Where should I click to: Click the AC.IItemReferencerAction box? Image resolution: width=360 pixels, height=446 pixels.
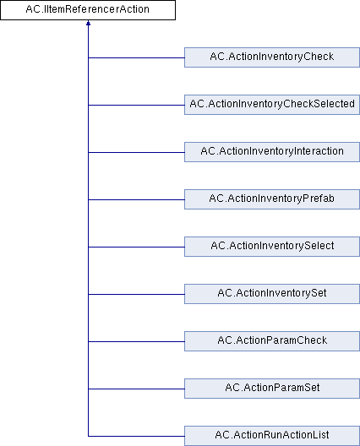click(88, 10)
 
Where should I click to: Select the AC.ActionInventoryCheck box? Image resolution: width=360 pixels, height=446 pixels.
click(272, 57)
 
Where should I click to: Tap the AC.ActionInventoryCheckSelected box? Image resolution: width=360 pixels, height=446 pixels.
click(272, 105)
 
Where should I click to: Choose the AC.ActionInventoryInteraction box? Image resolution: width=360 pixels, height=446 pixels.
click(272, 152)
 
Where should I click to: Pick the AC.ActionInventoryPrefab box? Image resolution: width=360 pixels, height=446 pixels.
click(272, 199)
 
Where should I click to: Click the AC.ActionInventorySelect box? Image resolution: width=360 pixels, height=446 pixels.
click(272, 247)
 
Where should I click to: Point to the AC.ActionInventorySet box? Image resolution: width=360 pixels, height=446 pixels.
click(272, 294)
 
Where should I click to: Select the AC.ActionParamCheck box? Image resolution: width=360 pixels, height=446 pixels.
click(272, 341)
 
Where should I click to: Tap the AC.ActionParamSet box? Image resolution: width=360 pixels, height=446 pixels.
click(272, 389)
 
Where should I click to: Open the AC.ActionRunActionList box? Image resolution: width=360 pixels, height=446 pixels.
click(272, 436)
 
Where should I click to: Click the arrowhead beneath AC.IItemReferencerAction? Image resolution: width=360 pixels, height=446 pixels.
click(88, 23)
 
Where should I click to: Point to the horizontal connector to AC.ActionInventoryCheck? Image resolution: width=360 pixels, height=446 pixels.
click(136, 57)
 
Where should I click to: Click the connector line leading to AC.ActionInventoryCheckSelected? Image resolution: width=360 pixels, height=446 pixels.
click(136, 105)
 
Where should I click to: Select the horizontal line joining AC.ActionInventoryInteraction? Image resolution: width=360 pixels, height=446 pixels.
click(136, 152)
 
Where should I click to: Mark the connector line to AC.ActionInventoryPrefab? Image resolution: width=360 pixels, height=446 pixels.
click(136, 199)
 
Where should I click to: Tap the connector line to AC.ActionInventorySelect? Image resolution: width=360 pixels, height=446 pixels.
click(136, 247)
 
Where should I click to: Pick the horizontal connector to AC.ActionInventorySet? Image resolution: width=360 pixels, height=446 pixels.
click(136, 294)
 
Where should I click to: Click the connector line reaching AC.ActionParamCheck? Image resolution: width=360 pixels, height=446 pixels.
click(136, 341)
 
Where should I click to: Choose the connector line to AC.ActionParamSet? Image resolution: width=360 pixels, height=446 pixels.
click(136, 389)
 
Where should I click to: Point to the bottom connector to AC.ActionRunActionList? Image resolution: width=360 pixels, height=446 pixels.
click(136, 436)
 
